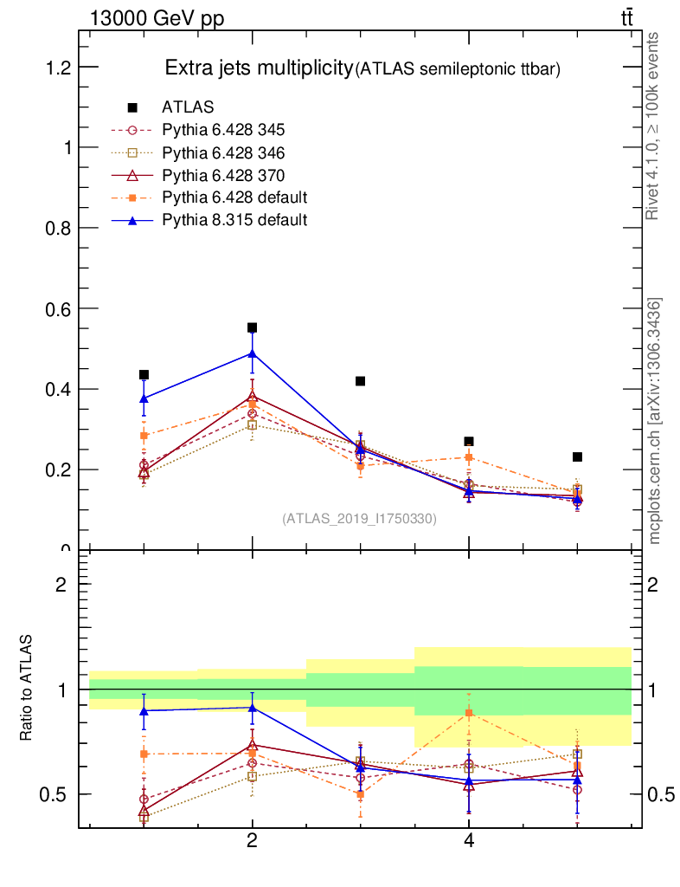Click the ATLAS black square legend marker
pos(132,107)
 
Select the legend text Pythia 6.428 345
pos(223,130)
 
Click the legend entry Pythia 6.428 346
pos(223,152)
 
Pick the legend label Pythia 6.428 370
pos(223,175)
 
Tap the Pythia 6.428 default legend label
pos(234,197)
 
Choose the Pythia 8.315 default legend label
pos(234,220)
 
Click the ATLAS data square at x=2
pos(252,327)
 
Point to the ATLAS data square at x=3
pos(360,381)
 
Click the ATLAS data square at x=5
pos(577,456)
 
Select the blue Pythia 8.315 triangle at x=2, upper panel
pos(252,353)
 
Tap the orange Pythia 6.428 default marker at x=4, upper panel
pos(469,456)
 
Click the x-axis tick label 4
pos(469,841)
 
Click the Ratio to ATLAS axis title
pos(27,689)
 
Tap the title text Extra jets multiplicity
pos(258,68)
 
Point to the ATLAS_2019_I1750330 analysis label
pos(359,519)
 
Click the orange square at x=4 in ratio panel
pos(469,713)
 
